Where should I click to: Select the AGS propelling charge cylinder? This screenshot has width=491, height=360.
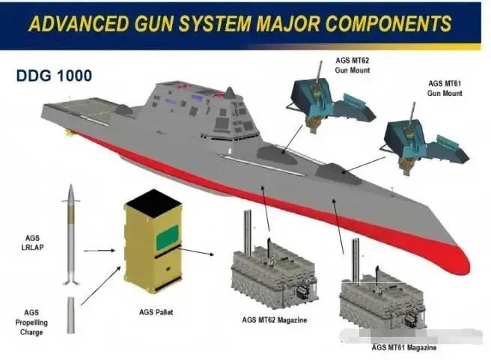70,314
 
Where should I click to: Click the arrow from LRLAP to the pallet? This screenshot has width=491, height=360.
100,251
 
